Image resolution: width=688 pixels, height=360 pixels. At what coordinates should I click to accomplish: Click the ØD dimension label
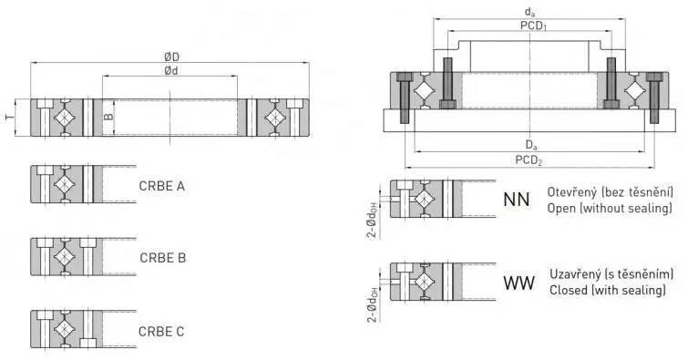pyautogui.click(x=170, y=57)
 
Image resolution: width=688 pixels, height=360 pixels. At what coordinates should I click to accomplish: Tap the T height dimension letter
pyautogui.click(x=9, y=118)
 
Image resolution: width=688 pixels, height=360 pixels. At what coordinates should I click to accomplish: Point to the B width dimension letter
pyautogui.click(x=108, y=118)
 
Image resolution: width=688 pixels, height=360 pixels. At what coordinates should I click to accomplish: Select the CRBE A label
pyautogui.click(x=162, y=187)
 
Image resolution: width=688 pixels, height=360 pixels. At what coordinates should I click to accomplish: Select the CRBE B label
pyautogui.click(x=163, y=258)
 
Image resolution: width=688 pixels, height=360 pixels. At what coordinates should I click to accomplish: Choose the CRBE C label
pyautogui.click(x=161, y=330)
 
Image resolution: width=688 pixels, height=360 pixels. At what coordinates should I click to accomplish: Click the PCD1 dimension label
pyautogui.click(x=534, y=26)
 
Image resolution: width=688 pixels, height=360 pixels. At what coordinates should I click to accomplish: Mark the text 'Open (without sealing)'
pyautogui.click(x=610, y=209)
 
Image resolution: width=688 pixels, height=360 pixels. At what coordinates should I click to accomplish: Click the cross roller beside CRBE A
pyautogui.click(x=64, y=183)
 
